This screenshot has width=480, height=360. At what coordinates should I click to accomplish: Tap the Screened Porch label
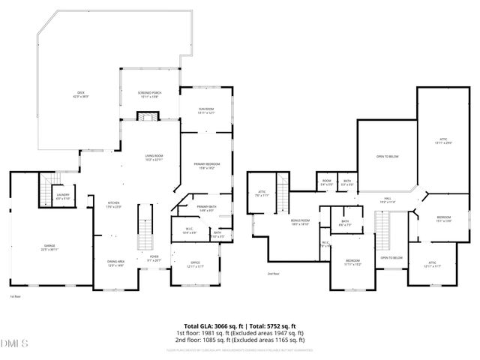click(x=149, y=94)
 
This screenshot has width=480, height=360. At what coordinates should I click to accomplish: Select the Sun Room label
click(x=206, y=112)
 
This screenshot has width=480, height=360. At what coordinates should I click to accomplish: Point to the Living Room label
click(x=154, y=158)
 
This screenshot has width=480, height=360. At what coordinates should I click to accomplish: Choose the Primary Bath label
click(x=207, y=208)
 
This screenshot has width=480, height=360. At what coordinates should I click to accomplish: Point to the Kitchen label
click(x=113, y=204)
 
